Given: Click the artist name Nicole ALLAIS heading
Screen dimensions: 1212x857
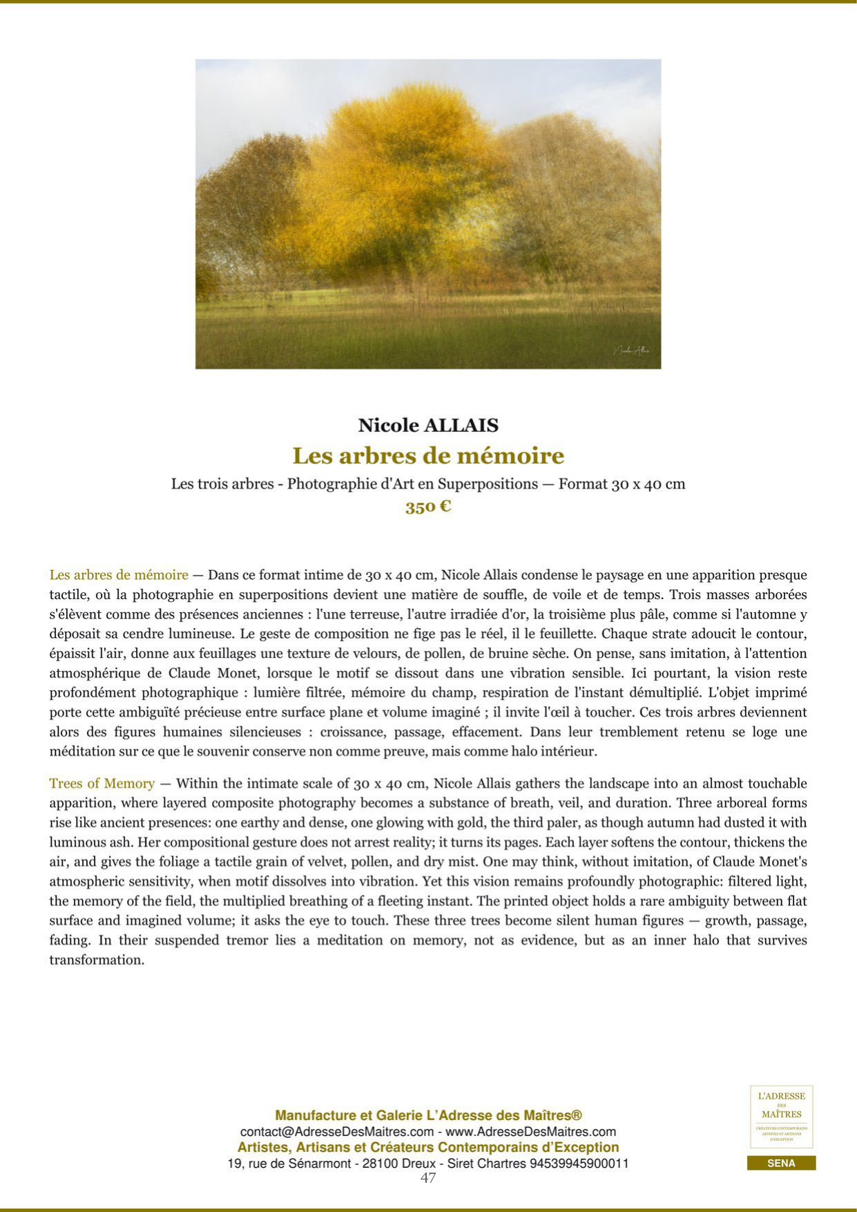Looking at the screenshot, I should (428, 425).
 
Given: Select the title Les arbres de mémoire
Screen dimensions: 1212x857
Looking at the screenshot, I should (428, 456).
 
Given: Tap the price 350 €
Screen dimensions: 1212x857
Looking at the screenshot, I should (428, 506).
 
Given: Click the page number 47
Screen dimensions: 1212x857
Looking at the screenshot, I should (428, 1177).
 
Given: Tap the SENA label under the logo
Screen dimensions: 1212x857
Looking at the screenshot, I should (781, 1163).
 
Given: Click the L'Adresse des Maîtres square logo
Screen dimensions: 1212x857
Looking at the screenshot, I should (781, 1116).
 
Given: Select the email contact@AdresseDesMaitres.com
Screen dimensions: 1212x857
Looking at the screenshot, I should (337, 1132).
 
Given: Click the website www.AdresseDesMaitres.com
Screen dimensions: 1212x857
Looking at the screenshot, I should (530, 1132).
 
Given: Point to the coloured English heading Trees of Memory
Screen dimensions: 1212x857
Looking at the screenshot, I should (102, 784).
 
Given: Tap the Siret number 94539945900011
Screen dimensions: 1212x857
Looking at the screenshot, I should (579, 1163).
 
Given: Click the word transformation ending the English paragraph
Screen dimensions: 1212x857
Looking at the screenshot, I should (97, 960).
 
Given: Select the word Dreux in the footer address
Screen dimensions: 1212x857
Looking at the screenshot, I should (418, 1163).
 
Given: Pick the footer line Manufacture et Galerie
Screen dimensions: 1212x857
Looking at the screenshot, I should (428, 1115).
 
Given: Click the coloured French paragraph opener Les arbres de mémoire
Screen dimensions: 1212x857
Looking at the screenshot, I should (119, 575).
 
